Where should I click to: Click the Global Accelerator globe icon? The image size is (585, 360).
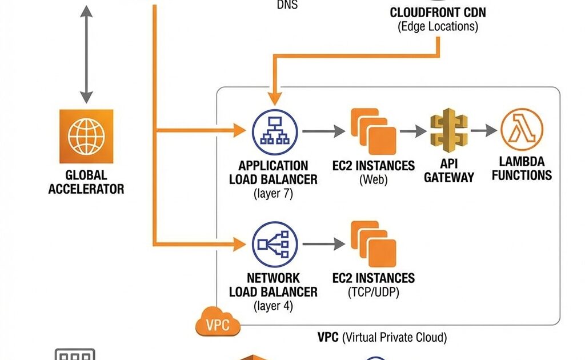pos(86,137)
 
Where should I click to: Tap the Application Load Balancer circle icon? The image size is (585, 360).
pos(275,131)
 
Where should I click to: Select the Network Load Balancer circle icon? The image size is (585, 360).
pos(275,245)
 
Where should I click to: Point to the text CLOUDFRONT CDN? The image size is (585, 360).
pos(438,13)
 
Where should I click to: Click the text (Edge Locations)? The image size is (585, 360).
pos(438,26)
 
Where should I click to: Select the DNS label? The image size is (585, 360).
pos(287,5)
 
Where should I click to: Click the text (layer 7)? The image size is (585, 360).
pos(273,194)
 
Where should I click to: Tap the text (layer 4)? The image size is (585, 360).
pos(273,306)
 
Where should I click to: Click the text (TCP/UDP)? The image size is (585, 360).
pos(374,293)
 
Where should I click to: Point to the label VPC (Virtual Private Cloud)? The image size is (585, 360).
pos(382,337)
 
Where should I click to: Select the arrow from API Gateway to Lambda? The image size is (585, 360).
pos(483,131)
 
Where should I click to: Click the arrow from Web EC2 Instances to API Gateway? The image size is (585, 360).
pos(412,131)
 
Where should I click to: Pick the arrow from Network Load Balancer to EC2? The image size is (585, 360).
pos(323,245)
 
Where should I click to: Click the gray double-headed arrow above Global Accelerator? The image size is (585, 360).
pos(86,54)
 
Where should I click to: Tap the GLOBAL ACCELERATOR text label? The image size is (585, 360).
pos(86,182)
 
